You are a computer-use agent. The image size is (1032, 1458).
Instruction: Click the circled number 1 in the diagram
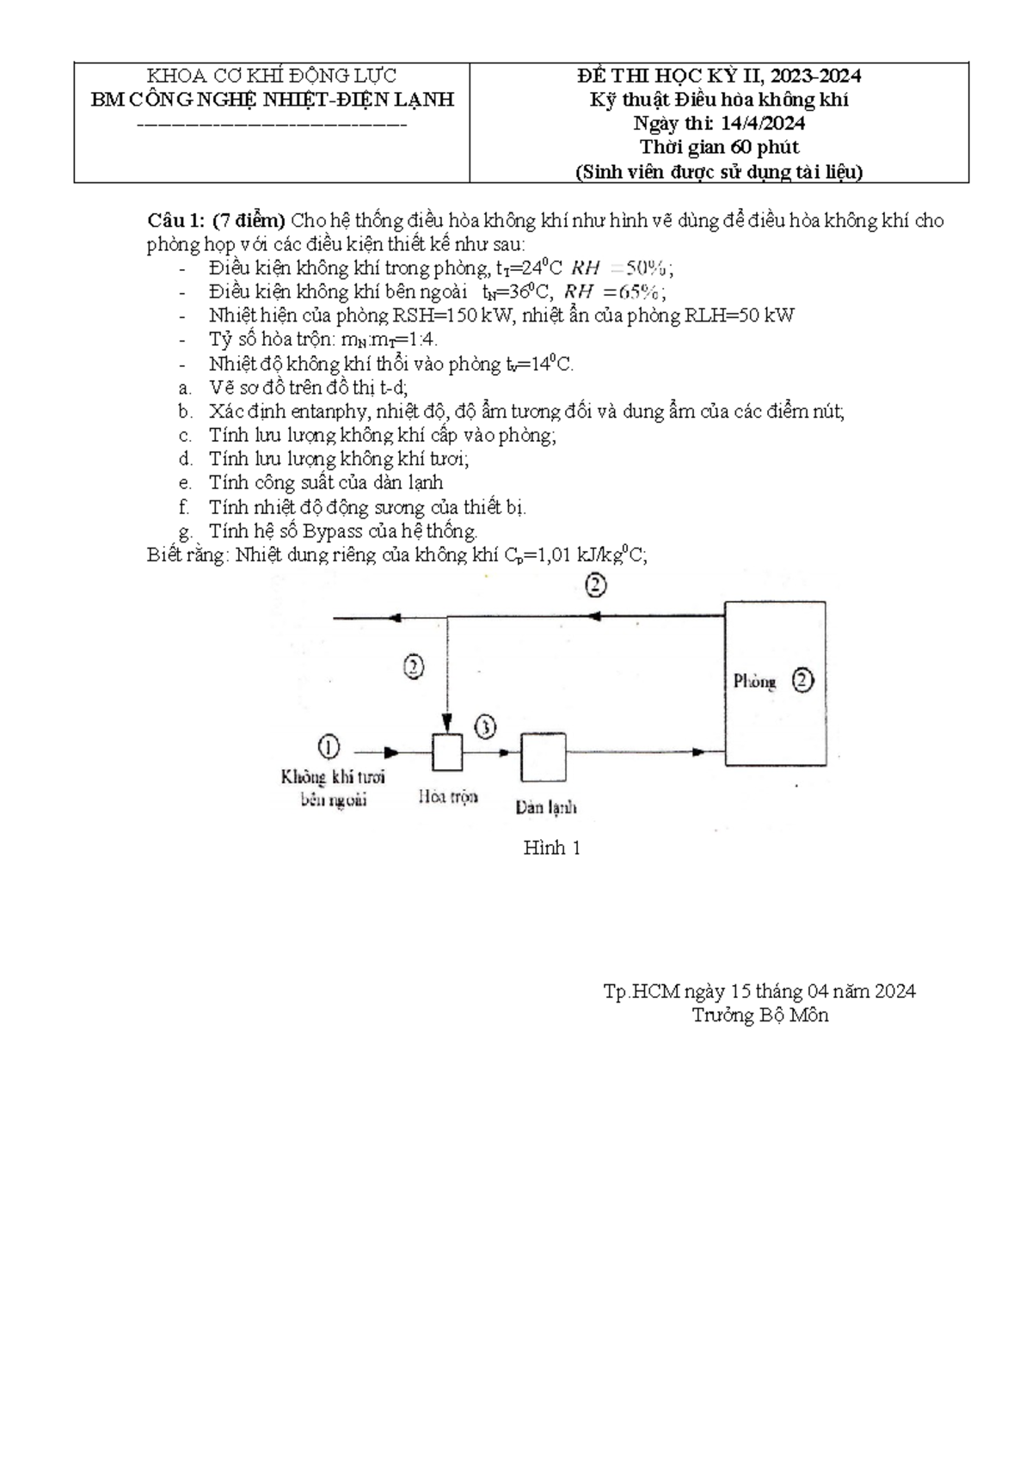(x=329, y=746)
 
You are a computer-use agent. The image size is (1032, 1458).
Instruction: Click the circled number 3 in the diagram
(x=485, y=727)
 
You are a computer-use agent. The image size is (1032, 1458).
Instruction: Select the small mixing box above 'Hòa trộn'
(x=446, y=752)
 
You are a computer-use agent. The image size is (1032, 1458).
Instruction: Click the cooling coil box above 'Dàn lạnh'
(x=543, y=756)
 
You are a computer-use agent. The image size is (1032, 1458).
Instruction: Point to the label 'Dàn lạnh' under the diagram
(x=546, y=807)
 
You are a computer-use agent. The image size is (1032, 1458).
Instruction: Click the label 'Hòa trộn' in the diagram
(x=447, y=797)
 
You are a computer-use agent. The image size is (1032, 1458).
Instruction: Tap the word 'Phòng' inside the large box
(x=754, y=682)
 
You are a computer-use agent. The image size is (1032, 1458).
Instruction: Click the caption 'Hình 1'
(x=552, y=848)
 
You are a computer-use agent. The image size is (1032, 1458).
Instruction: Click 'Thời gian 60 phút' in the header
(x=719, y=147)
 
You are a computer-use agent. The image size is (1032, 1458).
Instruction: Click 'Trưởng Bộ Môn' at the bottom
(x=760, y=1015)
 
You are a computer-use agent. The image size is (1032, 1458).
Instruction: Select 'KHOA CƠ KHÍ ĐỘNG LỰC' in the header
(x=272, y=76)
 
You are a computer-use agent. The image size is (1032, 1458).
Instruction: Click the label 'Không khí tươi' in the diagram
(x=333, y=777)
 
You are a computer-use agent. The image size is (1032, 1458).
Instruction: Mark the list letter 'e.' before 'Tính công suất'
(x=184, y=483)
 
